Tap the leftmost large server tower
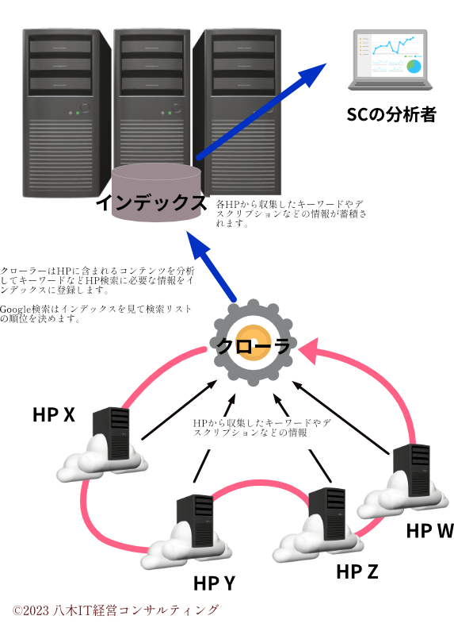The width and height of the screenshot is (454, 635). [67, 111]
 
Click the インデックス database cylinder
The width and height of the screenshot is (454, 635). [157, 195]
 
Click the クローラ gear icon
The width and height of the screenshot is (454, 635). [251, 343]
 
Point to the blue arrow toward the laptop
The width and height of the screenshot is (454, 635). [261, 111]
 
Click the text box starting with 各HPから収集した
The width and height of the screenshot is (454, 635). [290, 212]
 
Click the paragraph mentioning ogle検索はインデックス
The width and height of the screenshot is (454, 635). [103, 313]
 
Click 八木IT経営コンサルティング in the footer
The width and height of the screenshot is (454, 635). [135, 610]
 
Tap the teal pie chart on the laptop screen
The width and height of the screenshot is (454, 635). [414, 67]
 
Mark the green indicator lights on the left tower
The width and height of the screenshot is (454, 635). [74, 113]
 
